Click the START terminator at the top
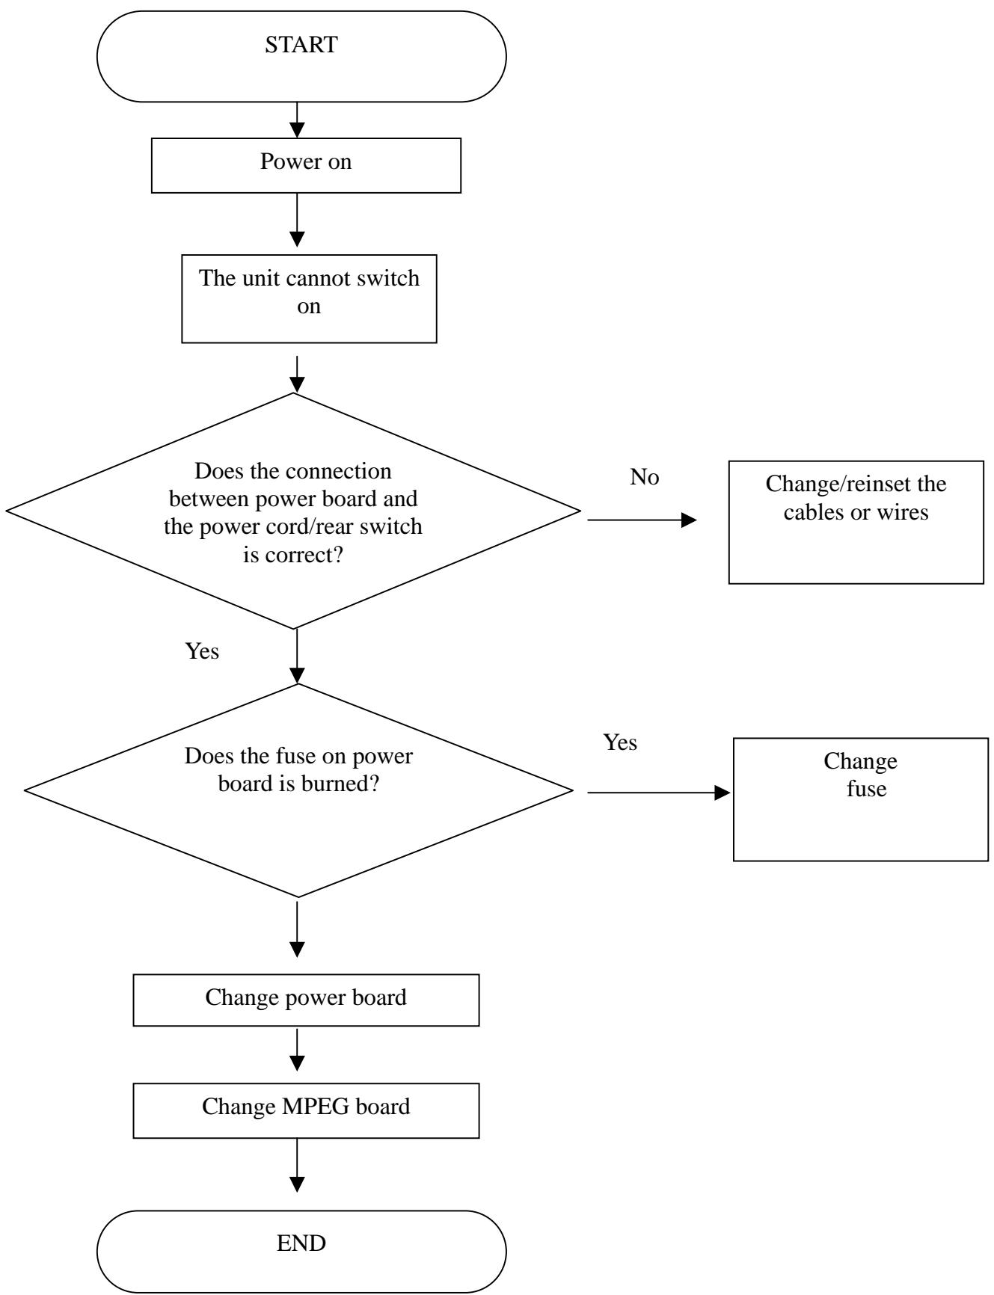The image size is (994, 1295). click(302, 56)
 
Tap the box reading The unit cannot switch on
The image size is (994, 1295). click(309, 292)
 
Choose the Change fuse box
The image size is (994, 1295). click(861, 799)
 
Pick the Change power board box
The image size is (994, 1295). click(306, 1000)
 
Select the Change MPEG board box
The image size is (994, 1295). click(306, 1111)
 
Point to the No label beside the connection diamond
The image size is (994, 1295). click(645, 478)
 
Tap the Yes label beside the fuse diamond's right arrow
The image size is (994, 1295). click(620, 742)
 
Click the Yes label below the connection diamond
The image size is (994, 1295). click(202, 651)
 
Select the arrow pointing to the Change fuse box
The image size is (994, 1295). click(659, 793)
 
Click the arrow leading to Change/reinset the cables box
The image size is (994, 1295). click(642, 520)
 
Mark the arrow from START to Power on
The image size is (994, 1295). click(297, 120)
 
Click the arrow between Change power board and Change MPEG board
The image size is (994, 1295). click(297, 1050)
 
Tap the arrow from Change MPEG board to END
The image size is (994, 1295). click(297, 1165)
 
